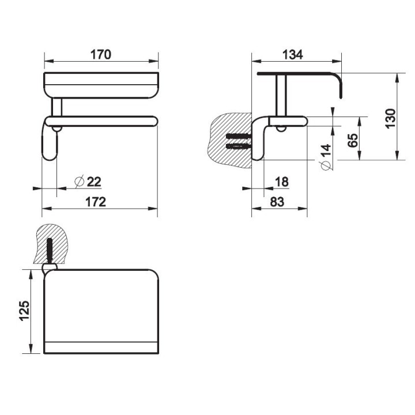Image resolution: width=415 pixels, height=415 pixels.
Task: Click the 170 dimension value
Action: click(101, 55)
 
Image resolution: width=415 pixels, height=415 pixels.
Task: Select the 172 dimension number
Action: click(96, 202)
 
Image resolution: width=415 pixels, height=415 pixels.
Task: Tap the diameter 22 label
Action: click(88, 182)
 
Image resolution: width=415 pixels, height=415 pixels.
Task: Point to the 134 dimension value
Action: click(292, 55)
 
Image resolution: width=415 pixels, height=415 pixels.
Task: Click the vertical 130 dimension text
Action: click(390, 119)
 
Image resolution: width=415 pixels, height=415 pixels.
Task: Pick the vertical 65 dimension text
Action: click(352, 140)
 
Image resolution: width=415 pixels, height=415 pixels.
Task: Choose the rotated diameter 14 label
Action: click(326, 157)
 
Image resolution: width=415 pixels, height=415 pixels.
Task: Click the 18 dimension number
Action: click(282, 182)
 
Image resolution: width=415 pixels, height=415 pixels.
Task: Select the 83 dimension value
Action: click(277, 202)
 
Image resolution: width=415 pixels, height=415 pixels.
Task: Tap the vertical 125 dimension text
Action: click(24, 311)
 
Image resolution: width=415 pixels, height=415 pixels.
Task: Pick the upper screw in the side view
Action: click(238, 136)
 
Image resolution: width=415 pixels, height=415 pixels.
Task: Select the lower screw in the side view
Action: click(238, 146)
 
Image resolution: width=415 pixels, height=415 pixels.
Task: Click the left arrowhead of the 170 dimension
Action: click(49, 61)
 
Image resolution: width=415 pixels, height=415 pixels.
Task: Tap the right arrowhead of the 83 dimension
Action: click(303, 209)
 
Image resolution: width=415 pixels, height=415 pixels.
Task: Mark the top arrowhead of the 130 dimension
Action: click(397, 78)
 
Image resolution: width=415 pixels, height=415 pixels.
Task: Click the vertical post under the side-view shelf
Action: click(281, 96)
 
